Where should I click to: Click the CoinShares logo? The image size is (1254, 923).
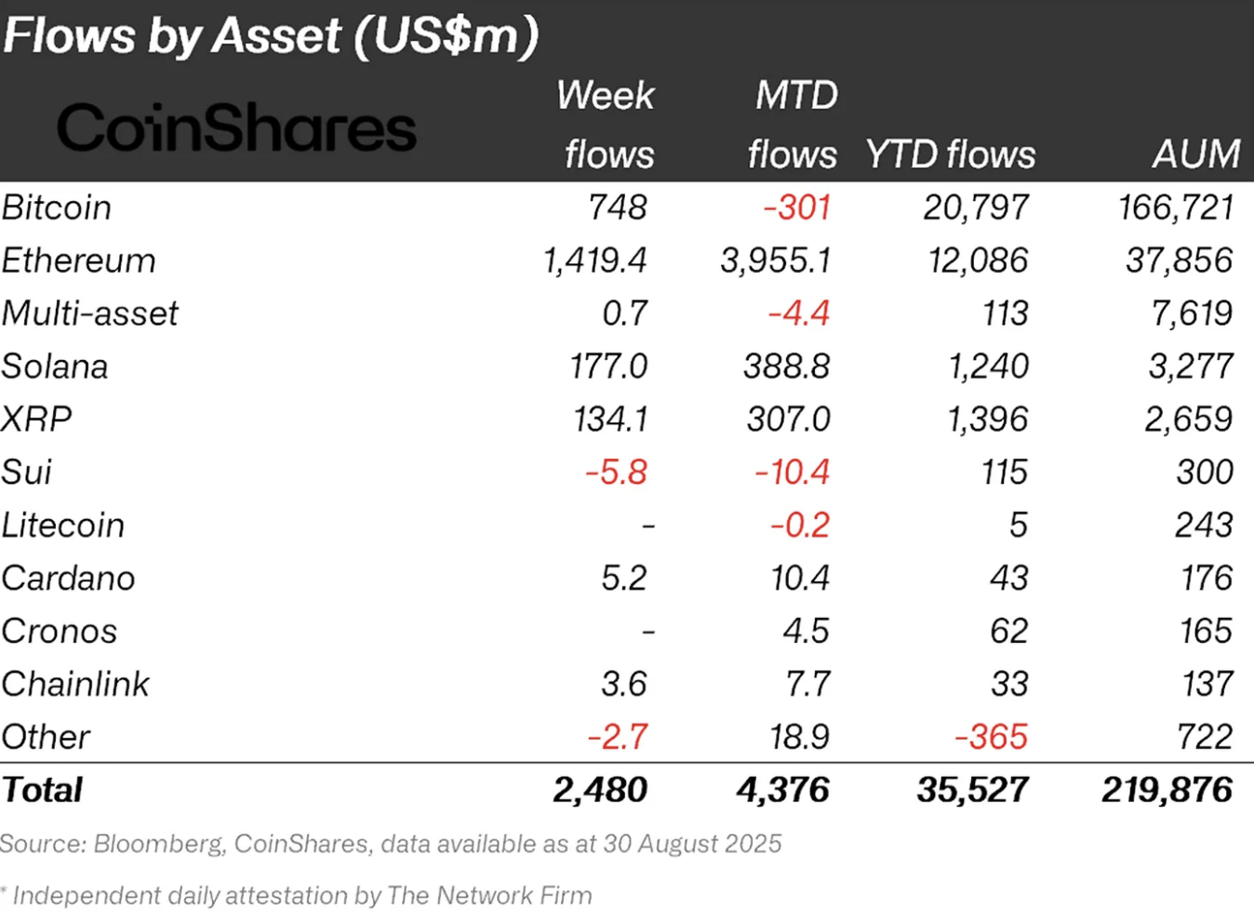point(236,127)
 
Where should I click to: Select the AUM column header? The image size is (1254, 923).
point(1195,154)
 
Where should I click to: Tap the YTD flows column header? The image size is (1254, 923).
point(950,154)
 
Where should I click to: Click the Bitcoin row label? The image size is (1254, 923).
point(57,207)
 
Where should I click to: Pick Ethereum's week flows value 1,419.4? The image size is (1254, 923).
point(594,261)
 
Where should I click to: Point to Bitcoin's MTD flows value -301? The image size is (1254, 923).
point(796,207)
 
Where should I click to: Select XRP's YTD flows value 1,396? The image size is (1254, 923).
point(987,420)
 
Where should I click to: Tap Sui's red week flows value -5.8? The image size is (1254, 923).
point(616,473)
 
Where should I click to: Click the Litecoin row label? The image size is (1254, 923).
point(63,526)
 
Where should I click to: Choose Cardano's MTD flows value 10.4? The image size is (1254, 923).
point(800,579)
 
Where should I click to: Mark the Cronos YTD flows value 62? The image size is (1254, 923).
point(1008,632)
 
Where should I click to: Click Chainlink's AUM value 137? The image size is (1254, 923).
point(1207,685)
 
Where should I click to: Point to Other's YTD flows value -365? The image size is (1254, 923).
point(991,738)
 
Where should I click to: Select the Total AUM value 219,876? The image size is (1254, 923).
point(1167,791)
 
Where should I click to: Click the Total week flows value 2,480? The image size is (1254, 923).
point(600,791)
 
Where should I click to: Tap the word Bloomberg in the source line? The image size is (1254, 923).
point(158,844)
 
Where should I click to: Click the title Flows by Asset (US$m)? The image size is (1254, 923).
point(271,35)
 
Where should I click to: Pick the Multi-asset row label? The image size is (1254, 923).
point(90,314)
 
